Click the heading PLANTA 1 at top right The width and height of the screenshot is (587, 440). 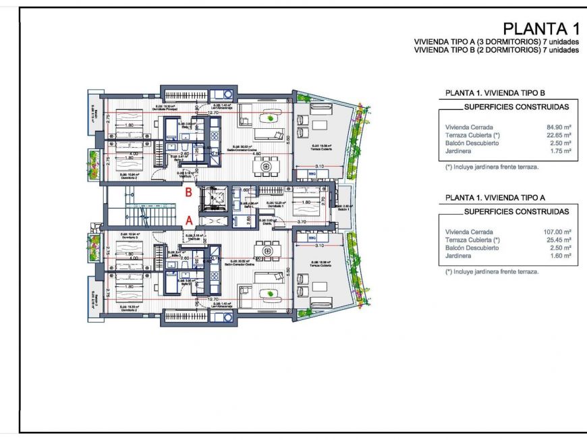point(541,29)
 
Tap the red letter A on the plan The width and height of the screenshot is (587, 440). point(190,220)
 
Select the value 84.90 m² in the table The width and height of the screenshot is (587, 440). point(559,126)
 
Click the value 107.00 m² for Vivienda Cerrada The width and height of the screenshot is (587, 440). point(558,231)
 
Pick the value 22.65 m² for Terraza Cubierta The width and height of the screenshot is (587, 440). point(559,134)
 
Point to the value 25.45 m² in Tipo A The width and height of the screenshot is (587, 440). point(559,240)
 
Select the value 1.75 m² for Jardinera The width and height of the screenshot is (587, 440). point(561,151)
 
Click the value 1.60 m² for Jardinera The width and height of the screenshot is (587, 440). point(561,256)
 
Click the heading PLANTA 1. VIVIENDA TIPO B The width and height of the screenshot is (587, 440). point(495,92)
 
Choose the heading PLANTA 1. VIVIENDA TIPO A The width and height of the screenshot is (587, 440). point(495,197)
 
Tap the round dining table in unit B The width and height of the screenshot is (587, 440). point(268,165)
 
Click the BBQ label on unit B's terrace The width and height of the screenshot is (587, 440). point(312,173)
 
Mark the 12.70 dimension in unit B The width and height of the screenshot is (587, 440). point(213,113)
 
